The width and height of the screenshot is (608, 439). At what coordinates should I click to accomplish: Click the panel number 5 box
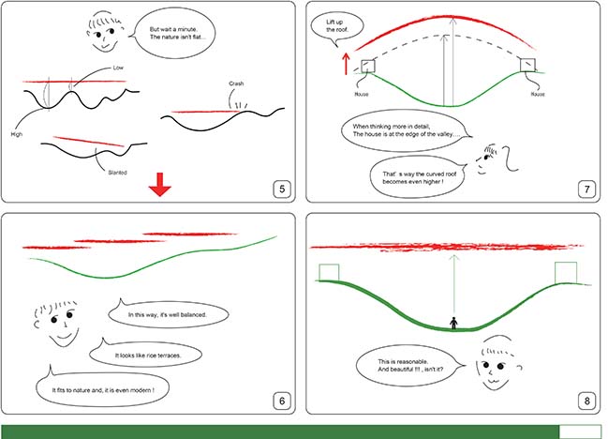pyautogui.click(x=282, y=189)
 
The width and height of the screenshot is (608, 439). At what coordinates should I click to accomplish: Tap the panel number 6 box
pyautogui.click(x=282, y=401)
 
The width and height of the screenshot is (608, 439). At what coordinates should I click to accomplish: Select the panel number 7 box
pyautogui.click(x=586, y=189)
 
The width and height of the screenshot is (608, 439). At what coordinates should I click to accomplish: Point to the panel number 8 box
pyautogui.click(x=586, y=401)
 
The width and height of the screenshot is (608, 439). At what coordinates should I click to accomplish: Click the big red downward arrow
pyautogui.click(x=160, y=185)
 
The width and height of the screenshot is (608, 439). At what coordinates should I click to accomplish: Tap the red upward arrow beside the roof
pyautogui.click(x=346, y=64)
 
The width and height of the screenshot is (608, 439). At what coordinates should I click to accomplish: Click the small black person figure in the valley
pyautogui.click(x=453, y=324)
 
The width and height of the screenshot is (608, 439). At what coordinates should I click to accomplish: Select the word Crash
pyautogui.click(x=236, y=83)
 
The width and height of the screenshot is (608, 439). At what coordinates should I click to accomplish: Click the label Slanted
pyautogui.click(x=117, y=173)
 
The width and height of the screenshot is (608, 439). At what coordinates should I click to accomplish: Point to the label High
pyautogui.click(x=17, y=134)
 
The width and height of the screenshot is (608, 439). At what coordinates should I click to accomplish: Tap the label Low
pyautogui.click(x=118, y=68)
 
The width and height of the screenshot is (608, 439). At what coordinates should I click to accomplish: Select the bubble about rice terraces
pyautogui.click(x=146, y=355)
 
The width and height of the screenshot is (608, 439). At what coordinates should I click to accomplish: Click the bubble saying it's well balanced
pyautogui.click(x=168, y=314)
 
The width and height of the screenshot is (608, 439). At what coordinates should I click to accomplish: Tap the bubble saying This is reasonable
pyautogui.click(x=410, y=365)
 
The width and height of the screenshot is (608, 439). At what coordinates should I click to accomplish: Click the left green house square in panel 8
pyautogui.click(x=329, y=272)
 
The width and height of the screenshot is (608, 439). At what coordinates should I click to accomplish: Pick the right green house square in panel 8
pyautogui.click(x=566, y=273)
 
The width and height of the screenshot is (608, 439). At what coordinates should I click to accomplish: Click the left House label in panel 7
pyautogui.click(x=362, y=95)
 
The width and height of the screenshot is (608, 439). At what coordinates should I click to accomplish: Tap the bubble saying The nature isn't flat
pyautogui.click(x=174, y=34)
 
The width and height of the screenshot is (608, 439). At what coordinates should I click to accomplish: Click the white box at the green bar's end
pyautogui.click(x=580, y=432)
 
